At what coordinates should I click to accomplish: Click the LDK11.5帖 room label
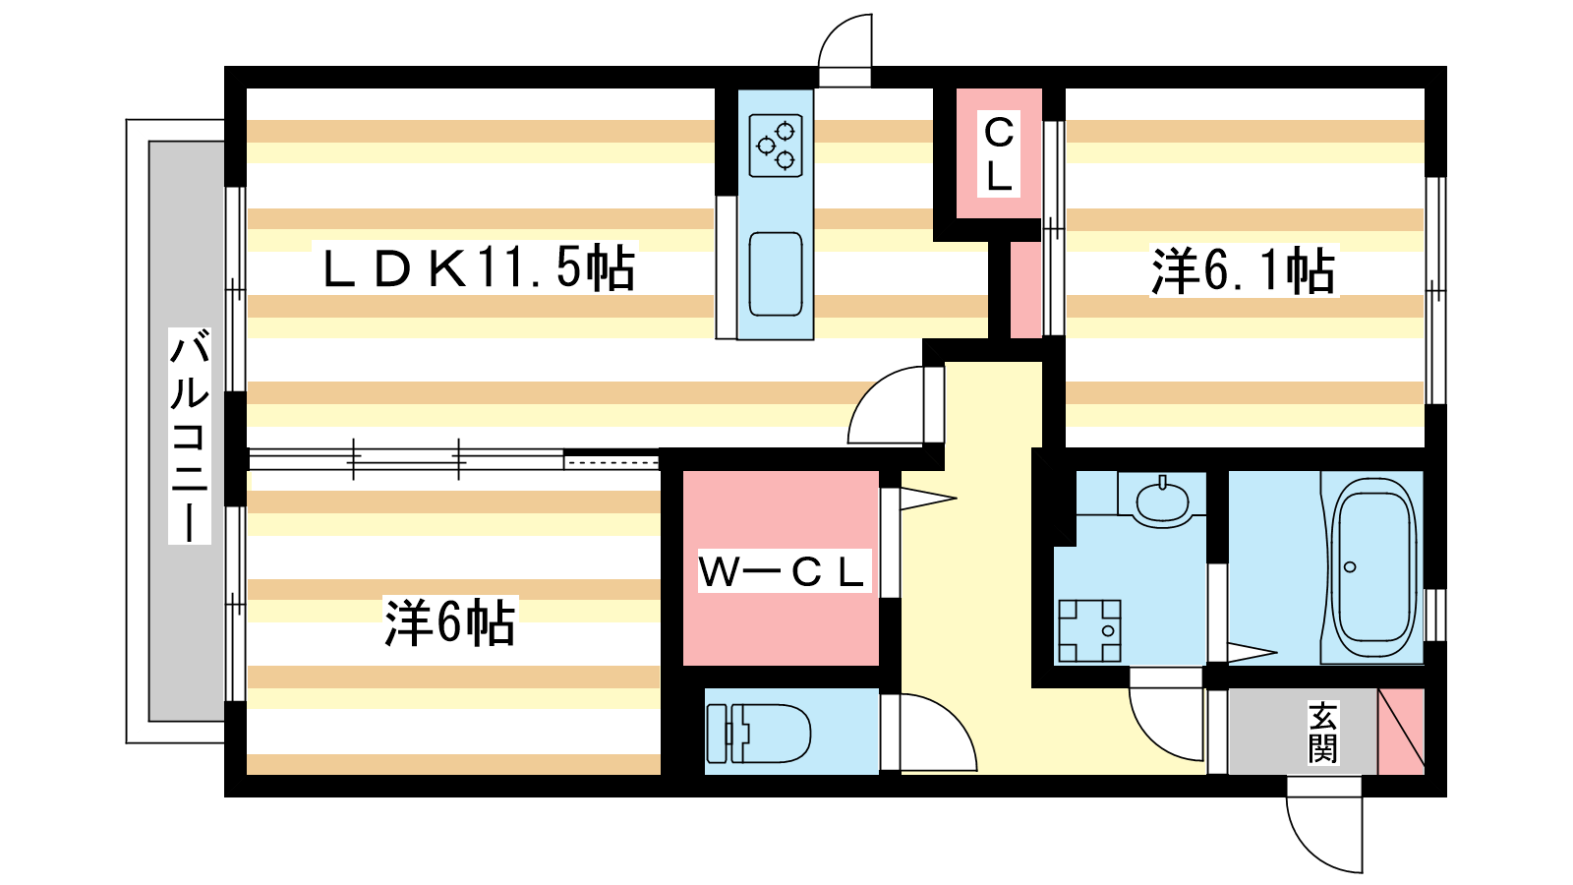[479, 267]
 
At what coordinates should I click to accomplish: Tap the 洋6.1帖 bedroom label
[1243, 270]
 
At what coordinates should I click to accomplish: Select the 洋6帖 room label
[449, 621]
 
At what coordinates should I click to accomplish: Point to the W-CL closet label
[784, 570]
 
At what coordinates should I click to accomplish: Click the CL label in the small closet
[999, 154]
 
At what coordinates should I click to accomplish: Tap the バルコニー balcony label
[189, 436]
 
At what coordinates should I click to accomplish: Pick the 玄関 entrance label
[1322, 733]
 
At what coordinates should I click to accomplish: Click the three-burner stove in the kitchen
[776, 145]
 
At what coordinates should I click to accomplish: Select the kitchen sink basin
[776, 273]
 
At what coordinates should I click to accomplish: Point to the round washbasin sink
[1162, 500]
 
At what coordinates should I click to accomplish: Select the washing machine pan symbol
[1088, 630]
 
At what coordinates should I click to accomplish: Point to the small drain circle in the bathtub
[1350, 567]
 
